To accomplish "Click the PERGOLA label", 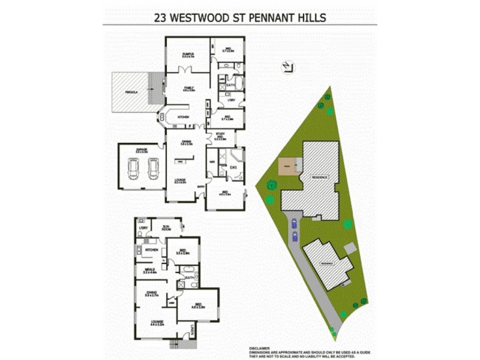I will tap(131, 92).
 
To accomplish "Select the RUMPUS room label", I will tap(188, 55).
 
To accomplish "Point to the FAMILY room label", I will tap(188, 89).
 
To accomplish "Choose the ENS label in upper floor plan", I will tap(234, 167).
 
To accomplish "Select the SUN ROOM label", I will tap(166, 228).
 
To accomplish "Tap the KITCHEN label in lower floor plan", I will tap(152, 248).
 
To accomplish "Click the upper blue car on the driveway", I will tap(294, 224).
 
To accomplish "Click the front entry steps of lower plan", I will tap(175, 344).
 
